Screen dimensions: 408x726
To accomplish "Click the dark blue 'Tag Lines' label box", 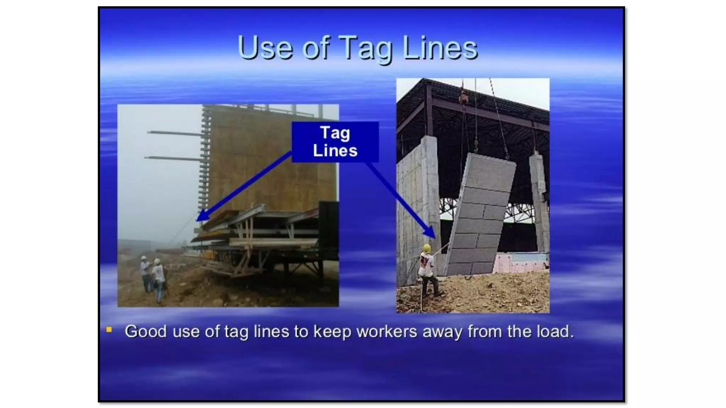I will click(335, 142).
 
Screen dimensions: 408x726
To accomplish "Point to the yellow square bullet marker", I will click(109, 330).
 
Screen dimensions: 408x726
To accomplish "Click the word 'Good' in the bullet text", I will click(146, 331).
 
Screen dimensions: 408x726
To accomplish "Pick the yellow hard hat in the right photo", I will click(427, 248).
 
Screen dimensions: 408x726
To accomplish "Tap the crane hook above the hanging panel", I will click(476, 143).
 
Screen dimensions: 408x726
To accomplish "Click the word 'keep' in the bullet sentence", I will click(333, 331).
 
